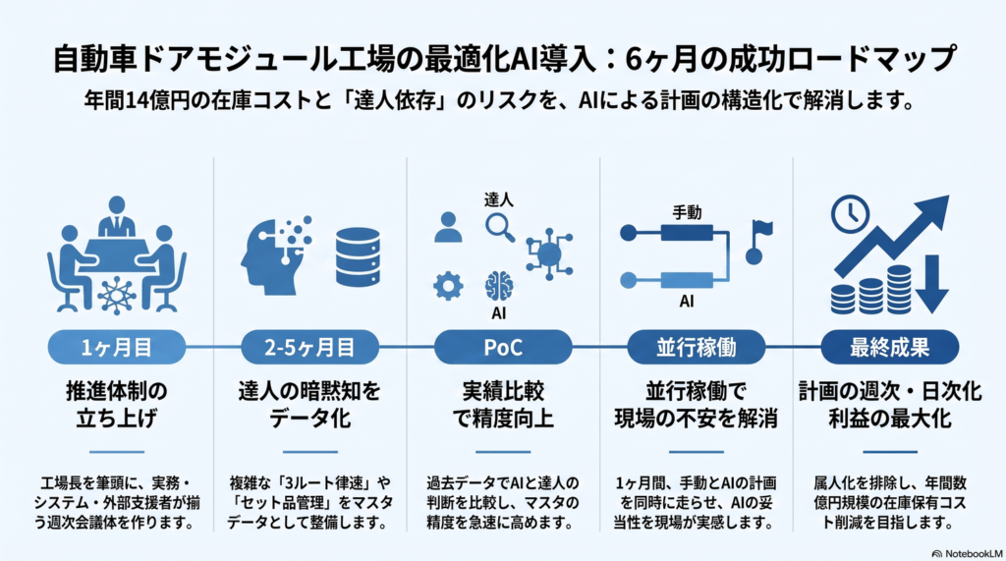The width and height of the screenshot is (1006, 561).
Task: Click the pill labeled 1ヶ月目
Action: click(117, 347)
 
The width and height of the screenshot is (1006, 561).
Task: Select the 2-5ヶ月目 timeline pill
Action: click(309, 347)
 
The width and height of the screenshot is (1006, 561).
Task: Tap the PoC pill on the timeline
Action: click(503, 347)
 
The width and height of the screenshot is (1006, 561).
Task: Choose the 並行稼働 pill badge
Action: click(697, 347)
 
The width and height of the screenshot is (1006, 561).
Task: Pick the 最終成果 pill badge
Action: click(890, 347)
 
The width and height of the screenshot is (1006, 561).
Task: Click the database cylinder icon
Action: click(358, 256)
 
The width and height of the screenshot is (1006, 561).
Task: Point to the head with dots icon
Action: click(276, 255)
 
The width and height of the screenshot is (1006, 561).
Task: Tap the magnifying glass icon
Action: click(500, 227)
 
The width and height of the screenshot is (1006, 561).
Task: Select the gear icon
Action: click(448, 286)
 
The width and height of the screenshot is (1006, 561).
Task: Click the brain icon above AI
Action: click(499, 286)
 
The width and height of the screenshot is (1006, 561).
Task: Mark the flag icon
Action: click(759, 243)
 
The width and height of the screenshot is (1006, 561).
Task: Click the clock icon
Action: click(850, 214)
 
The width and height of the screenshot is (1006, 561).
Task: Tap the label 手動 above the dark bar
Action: click(687, 212)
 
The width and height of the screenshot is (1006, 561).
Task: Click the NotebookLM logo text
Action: click(968, 553)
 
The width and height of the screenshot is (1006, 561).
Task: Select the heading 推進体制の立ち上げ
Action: click(117, 405)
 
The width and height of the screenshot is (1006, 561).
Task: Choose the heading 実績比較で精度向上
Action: click(503, 405)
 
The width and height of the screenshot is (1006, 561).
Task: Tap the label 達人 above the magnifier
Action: click(498, 199)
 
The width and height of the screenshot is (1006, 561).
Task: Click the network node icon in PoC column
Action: click(549, 254)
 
